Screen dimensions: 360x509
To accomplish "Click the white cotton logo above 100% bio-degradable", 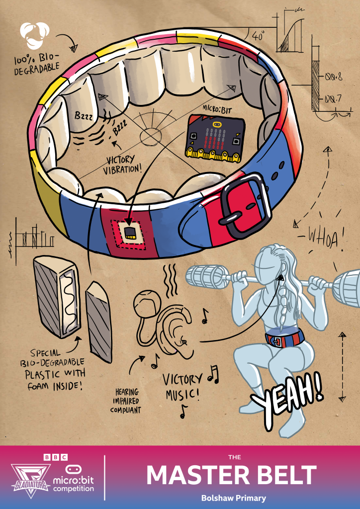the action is (34, 35).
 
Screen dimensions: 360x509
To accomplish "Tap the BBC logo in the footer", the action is (56, 457).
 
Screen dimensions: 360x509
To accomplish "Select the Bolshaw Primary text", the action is (233, 498).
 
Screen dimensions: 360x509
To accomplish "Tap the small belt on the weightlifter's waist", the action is (284, 338).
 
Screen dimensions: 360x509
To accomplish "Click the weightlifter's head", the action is (268, 263).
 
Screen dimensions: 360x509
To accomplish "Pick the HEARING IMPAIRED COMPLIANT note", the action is (125, 401).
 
